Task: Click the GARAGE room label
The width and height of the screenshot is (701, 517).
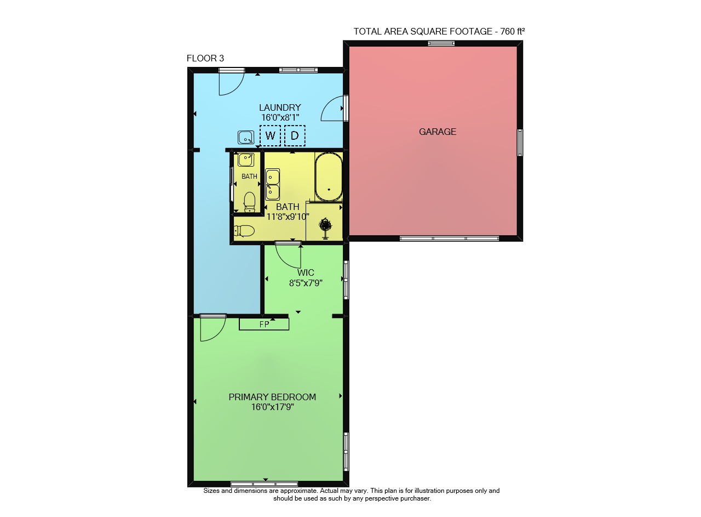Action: coord(438,132)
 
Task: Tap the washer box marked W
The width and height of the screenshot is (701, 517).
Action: coord(270,135)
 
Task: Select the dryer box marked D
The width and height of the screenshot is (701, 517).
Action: coord(295,135)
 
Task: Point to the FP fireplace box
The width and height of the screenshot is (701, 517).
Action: coord(264,324)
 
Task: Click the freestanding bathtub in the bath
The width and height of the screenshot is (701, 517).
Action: coord(329,177)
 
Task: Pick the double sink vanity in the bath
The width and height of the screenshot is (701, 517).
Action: coord(273,185)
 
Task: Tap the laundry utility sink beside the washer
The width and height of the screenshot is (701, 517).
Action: coord(246,137)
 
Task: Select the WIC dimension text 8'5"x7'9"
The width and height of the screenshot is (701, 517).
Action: coord(306,283)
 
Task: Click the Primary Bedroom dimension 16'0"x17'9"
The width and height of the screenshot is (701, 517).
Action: coord(272,407)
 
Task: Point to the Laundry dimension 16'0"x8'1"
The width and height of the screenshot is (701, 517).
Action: coord(280,117)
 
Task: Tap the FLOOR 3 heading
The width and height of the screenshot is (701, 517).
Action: coord(205,58)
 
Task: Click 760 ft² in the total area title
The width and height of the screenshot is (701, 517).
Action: coord(513,31)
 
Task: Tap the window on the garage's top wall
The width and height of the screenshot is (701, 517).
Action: coord(441,43)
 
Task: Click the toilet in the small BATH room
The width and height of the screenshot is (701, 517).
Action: coord(249,201)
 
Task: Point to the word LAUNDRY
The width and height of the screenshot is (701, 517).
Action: coord(280,107)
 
